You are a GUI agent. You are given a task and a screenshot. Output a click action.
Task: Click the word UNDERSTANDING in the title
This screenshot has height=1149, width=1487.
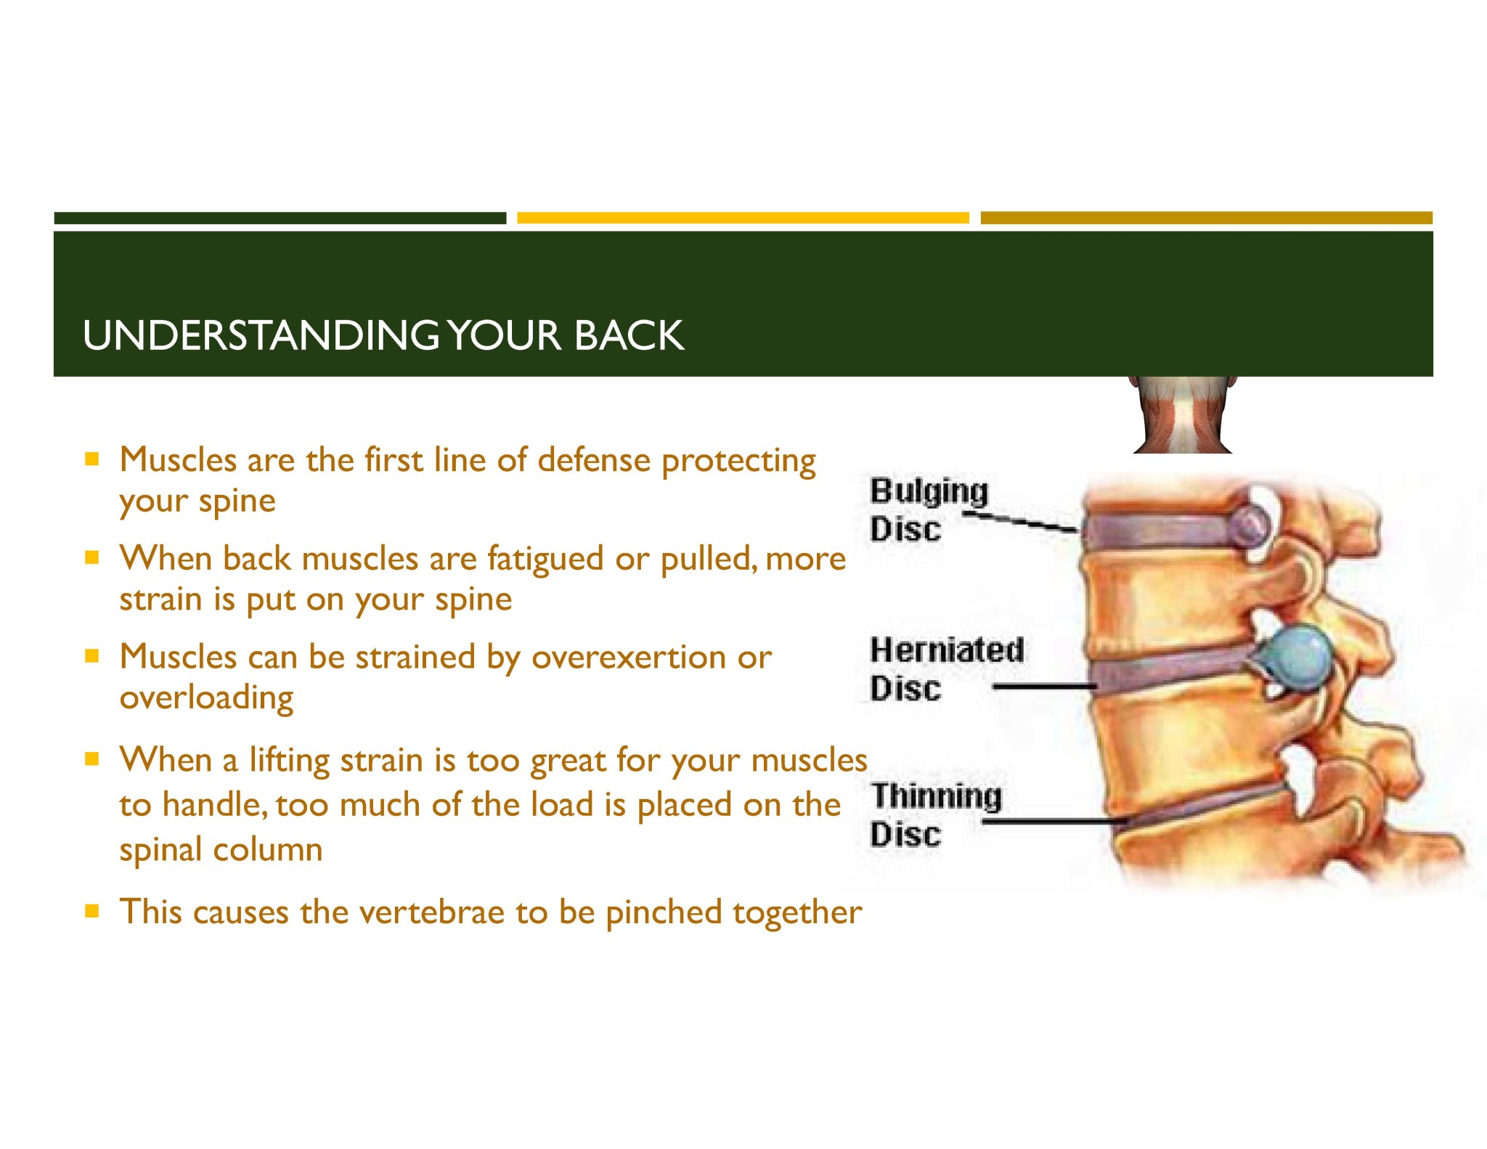[261, 335]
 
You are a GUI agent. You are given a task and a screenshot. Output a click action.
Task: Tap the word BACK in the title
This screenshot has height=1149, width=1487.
[629, 335]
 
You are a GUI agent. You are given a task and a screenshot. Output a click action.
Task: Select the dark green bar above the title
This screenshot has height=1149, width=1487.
[280, 218]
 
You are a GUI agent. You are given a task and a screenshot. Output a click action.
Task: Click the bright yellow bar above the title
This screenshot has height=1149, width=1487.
[743, 218]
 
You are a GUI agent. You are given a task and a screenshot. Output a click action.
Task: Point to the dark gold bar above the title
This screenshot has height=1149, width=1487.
[1207, 218]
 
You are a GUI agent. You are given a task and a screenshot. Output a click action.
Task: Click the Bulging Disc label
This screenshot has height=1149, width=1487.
[929, 510]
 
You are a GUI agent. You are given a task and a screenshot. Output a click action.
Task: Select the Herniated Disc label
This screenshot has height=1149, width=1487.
[947, 668]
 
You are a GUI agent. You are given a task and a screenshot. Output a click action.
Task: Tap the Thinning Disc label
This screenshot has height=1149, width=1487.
[936, 814]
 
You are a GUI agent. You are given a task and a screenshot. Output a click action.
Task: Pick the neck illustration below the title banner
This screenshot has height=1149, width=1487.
[1183, 414]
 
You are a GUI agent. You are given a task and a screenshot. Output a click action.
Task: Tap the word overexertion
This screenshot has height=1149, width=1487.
[629, 658]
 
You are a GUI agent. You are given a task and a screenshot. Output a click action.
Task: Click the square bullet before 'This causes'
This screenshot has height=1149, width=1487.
[91, 910]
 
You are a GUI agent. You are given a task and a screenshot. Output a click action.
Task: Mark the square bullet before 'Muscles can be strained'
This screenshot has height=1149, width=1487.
[91, 656]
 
